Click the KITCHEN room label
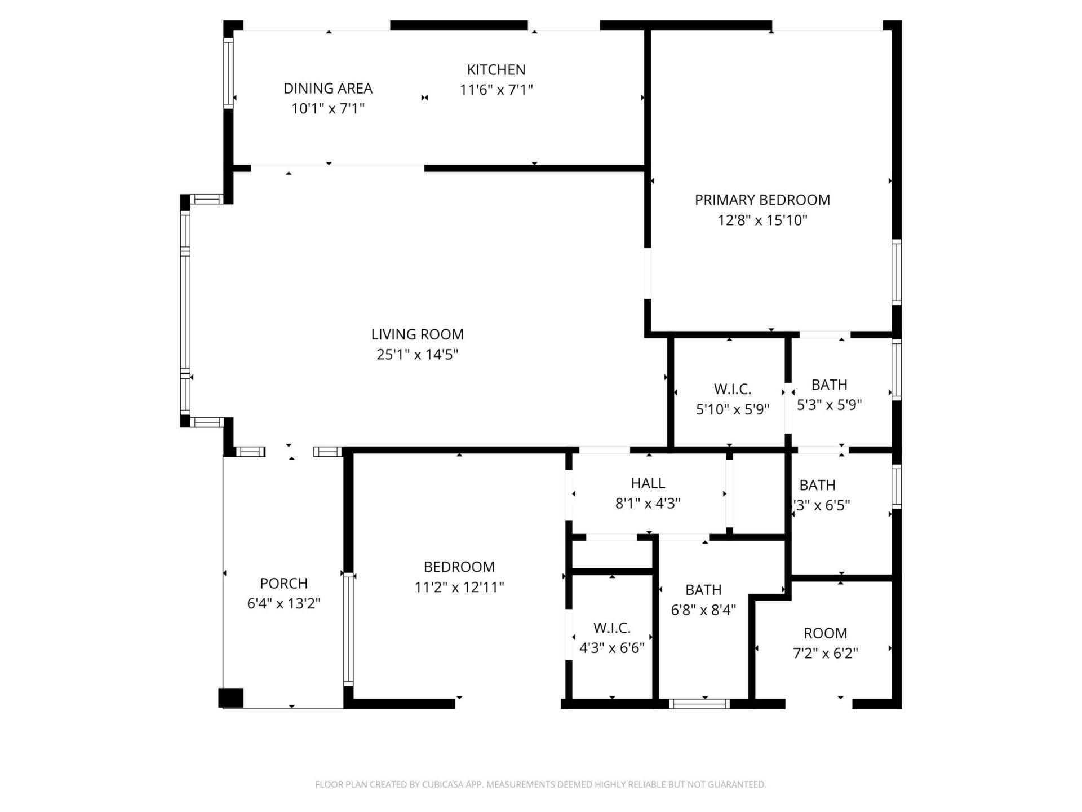496,69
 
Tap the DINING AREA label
327,89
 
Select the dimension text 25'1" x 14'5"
417,355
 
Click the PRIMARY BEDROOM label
762,200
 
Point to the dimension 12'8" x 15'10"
762,220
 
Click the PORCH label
283,583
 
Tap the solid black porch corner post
231,698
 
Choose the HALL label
648,483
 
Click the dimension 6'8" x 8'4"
703,610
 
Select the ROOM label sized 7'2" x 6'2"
825,633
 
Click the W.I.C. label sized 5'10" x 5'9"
732,389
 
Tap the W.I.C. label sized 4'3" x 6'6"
611,628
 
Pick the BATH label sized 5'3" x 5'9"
829,385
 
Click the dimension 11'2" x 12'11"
459,588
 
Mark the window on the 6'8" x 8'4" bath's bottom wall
699,704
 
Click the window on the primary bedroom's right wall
896,272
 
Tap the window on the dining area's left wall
228,73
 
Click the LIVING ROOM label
417,334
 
